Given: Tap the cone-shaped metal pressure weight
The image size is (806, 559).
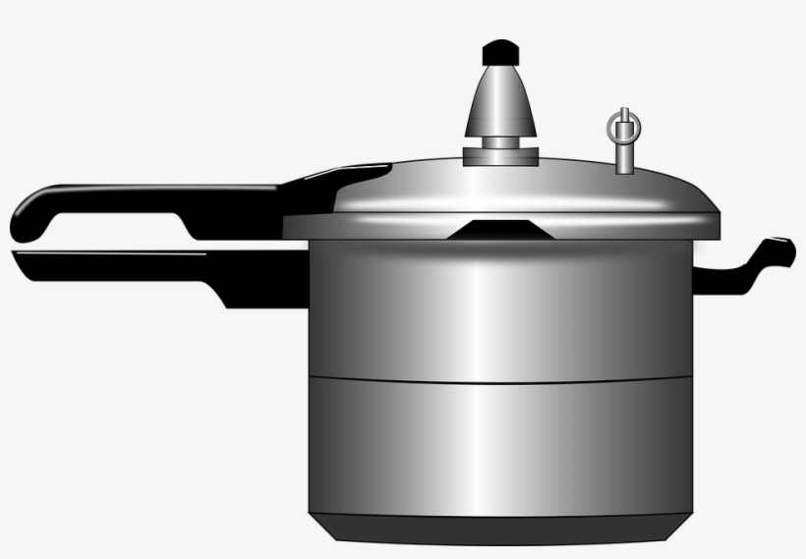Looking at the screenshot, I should pos(501,103).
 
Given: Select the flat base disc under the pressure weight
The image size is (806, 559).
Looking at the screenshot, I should pos(501,156).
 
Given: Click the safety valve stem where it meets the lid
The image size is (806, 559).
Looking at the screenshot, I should pos(622,164).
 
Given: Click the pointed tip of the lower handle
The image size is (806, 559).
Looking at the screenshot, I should pos(20,257).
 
